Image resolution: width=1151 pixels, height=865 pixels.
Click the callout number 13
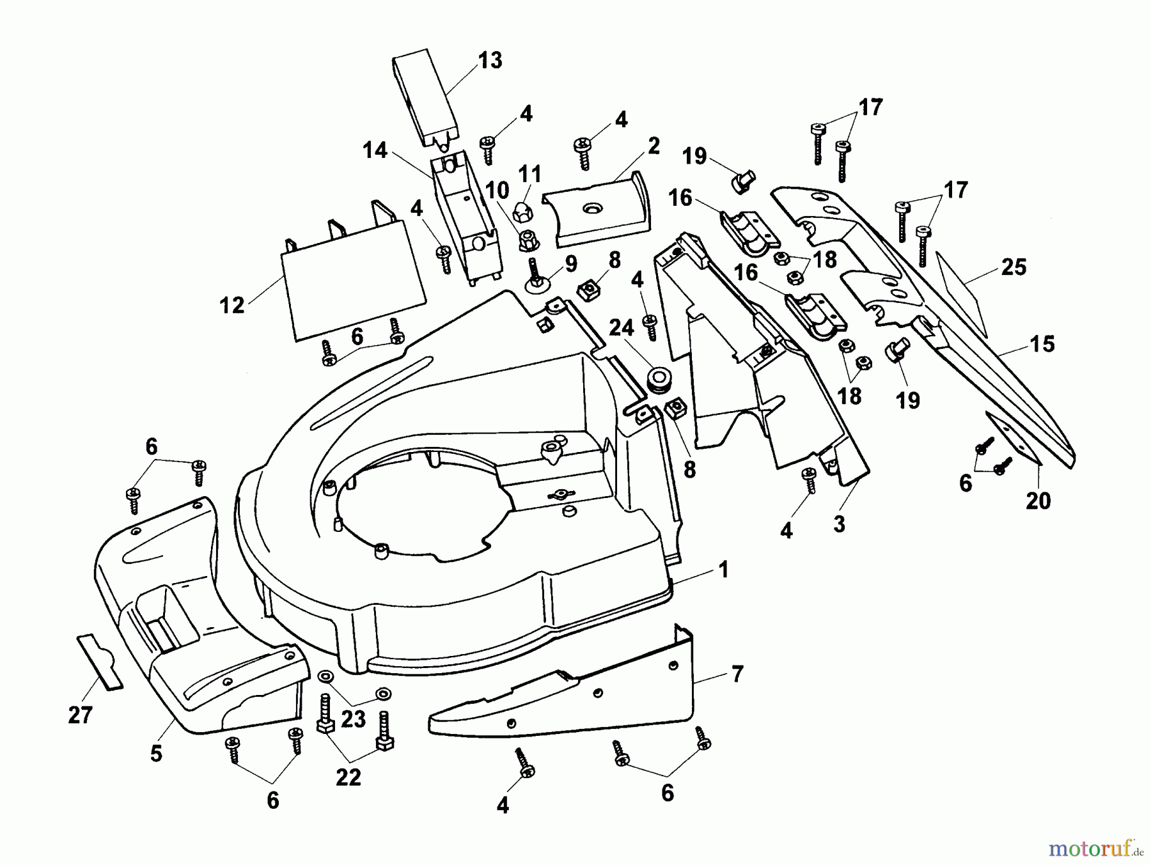[490, 61]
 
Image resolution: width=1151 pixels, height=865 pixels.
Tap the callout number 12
[231, 306]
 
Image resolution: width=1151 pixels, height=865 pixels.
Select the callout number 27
[81, 715]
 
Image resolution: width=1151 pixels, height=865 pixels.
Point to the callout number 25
[1014, 267]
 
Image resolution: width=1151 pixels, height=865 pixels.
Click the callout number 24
[621, 328]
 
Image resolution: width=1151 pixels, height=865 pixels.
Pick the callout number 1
[724, 570]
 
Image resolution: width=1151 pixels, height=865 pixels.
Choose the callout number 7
[737, 674]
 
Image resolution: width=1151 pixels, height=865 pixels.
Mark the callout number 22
[348, 777]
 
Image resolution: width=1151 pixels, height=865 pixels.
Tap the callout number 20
[1038, 501]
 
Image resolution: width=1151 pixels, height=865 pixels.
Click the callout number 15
[1042, 344]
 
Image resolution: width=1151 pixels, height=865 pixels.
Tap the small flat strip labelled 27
[100, 663]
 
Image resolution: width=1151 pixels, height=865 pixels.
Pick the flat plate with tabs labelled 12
[354, 278]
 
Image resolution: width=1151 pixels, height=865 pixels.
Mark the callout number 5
[157, 754]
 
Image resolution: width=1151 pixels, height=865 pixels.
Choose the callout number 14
[375, 151]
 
